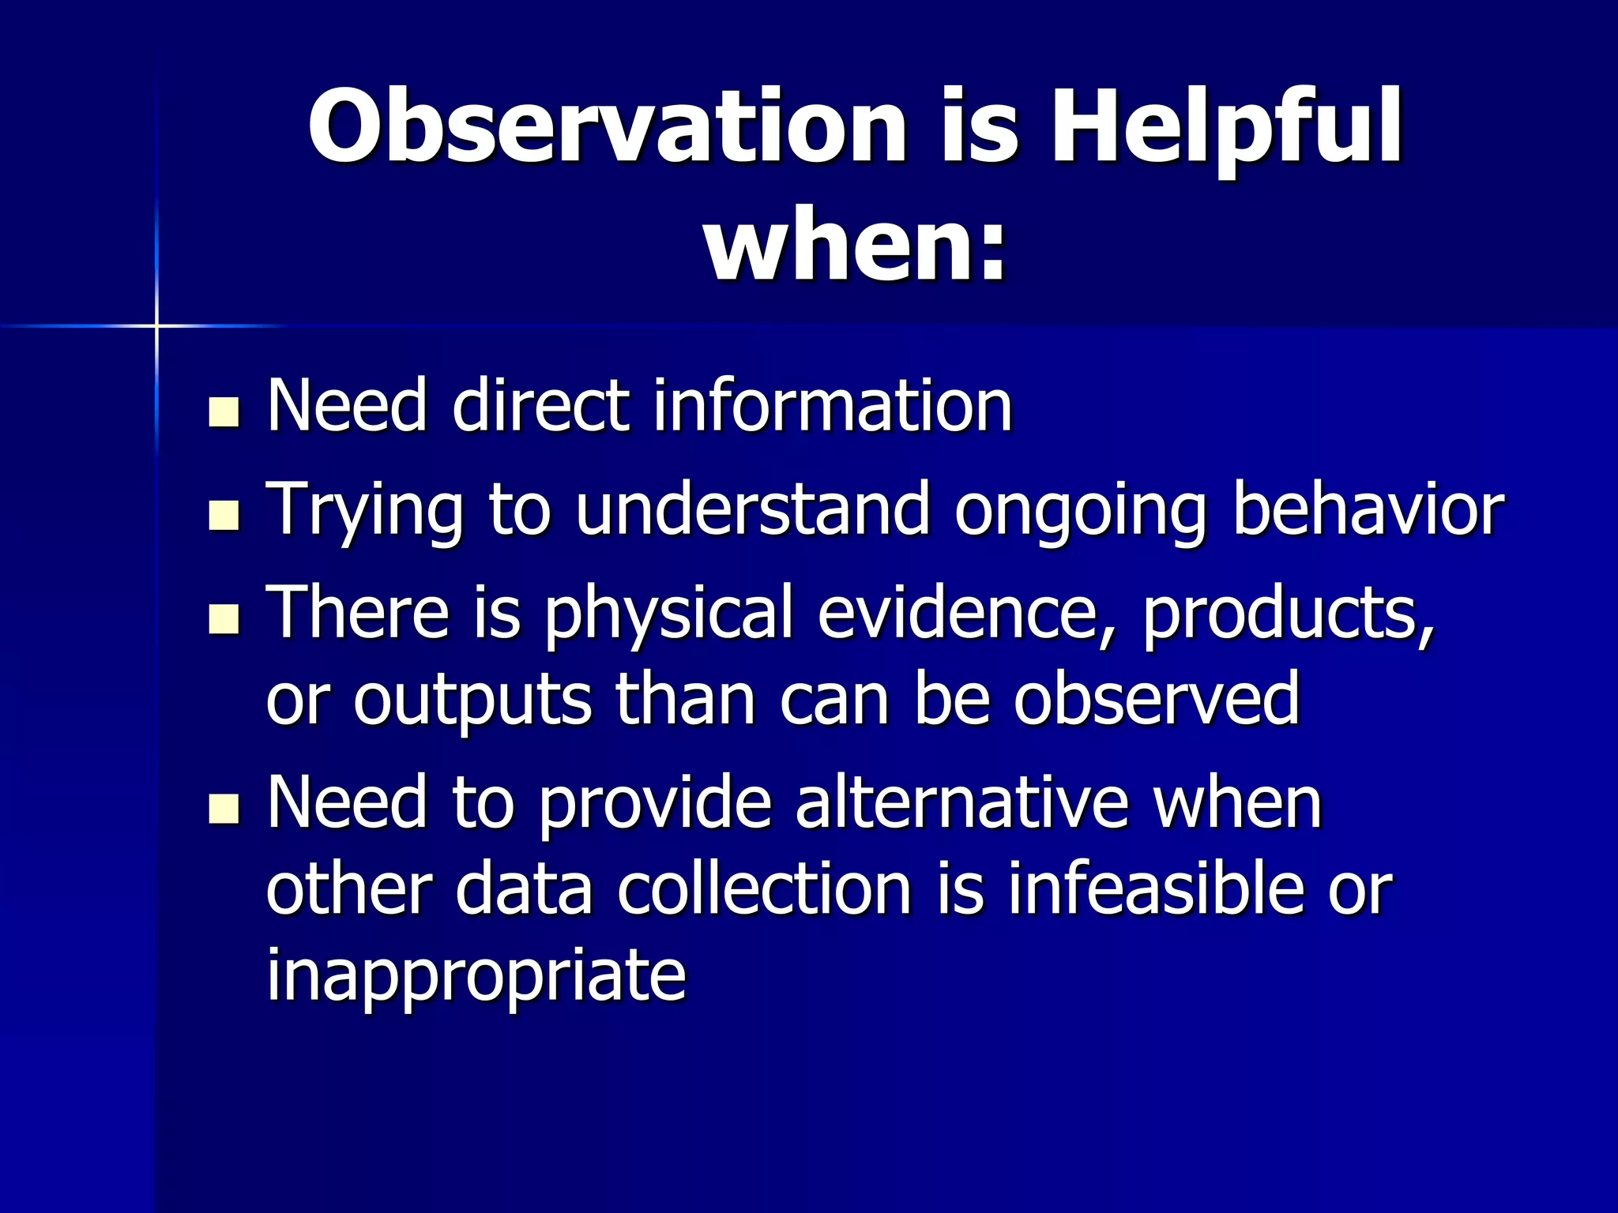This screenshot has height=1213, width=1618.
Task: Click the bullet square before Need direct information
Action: tap(224, 412)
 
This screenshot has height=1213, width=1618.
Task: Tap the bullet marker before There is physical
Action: tap(224, 619)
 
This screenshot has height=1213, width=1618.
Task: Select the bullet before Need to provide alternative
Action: tap(224, 809)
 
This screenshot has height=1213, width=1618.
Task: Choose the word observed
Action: tap(1157, 698)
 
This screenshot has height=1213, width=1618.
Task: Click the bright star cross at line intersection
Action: tap(156, 325)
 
